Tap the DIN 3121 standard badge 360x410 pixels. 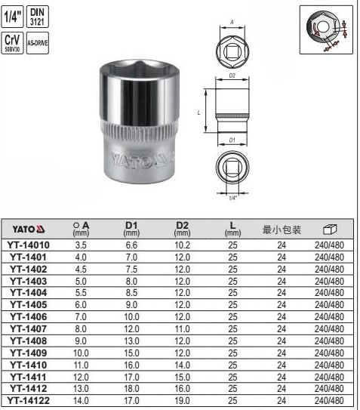click(37, 17)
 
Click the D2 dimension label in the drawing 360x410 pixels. click(232, 77)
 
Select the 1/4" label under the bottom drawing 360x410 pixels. click(233, 198)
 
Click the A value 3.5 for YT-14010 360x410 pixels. click(81, 245)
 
